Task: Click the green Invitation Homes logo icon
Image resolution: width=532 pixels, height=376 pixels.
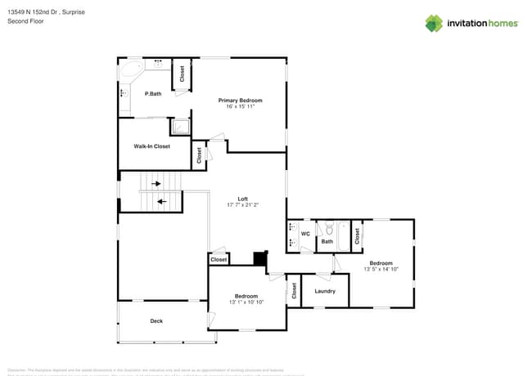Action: point(434,23)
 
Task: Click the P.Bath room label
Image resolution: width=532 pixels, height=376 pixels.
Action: point(152,94)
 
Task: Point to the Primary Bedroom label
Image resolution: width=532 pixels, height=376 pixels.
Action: point(240,100)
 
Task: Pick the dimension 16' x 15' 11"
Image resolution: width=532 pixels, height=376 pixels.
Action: point(240,106)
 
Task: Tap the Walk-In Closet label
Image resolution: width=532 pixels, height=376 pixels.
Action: point(152,146)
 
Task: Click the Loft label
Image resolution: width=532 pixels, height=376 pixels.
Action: point(242,199)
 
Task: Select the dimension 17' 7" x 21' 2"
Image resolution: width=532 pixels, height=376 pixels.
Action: point(242,205)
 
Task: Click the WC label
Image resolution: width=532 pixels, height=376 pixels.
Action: point(305,234)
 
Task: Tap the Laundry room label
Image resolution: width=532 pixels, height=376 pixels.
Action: point(325,291)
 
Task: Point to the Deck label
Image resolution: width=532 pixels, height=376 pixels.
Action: point(156,321)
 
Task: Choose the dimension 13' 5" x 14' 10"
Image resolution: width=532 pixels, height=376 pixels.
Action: point(381,269)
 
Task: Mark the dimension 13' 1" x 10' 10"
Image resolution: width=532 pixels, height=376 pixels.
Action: point(246,302)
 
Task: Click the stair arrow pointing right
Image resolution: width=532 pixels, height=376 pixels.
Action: point(156,184)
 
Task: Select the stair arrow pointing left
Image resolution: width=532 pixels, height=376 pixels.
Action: point(161,199)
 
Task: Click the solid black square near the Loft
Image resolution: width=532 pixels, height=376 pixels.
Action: point(260,258)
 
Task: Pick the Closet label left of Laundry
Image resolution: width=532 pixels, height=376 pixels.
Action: point(295,290)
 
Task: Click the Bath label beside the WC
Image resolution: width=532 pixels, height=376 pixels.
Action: point(327,241)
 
